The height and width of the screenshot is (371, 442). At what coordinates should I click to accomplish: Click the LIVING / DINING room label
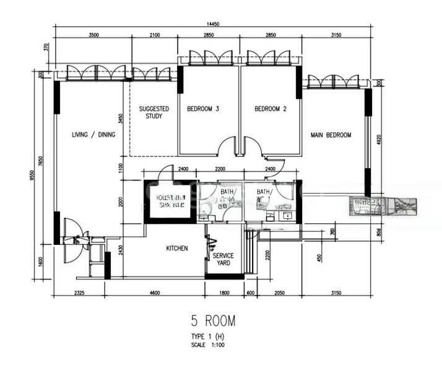pyautogui.click(x=93, y=135)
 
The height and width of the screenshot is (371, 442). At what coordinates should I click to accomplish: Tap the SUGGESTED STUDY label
pyautogui.click(x=154, y=113)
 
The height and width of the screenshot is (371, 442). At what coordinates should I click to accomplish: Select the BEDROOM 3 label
pyautogui.click(x=203, y=109)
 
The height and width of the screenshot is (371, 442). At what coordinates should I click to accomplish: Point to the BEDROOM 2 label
pyautogui.click(x=271, y=109)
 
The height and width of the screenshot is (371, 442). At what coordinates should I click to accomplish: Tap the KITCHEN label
pyautogui.click(x=177, y=248)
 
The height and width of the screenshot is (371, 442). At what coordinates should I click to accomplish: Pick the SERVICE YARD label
pyautogui.click(x=223, y=259)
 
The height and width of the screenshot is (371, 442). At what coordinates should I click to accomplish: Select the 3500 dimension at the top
pyautogui.click(x=93, y=35)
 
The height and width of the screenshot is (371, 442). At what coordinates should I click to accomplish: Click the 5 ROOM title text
pyautogui.click(x=213, y=321)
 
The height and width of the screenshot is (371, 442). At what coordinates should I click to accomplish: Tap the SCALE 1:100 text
pyautogui.click(x=208, y=345)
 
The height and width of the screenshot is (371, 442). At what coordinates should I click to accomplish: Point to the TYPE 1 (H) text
pyautogui.click(x=208, y=336)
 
